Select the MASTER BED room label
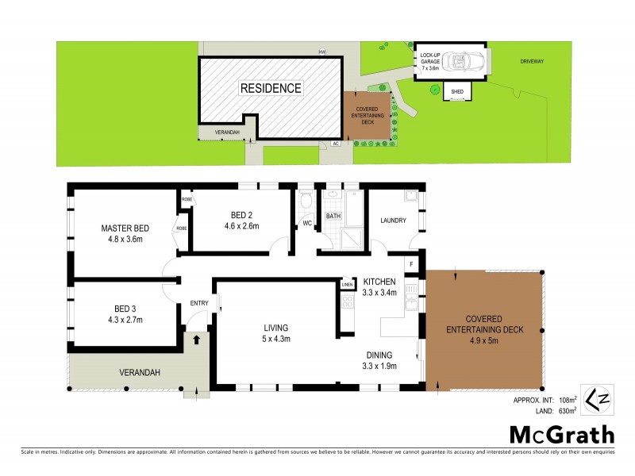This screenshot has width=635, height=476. (125, 228)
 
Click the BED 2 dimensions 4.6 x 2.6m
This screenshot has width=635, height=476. (241, 226)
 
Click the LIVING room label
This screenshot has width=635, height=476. (276, 328)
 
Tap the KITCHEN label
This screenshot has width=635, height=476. (380, 282)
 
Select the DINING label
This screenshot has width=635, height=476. (381, 355)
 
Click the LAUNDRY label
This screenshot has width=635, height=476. (394, 221)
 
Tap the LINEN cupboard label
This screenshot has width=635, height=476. (347, 284)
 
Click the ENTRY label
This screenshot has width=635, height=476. (198, 302)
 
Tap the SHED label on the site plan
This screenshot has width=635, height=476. (456, 92)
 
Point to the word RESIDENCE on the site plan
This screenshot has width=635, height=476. (270, 88)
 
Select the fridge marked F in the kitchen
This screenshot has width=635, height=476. (411, 263)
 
